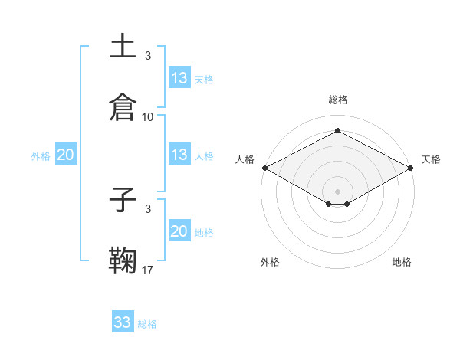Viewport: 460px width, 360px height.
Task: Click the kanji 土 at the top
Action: [123, 47]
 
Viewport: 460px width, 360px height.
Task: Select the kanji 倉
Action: [123, 106]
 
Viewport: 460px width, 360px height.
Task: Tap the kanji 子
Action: [123, 200]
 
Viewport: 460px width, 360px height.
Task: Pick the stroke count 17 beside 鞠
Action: [148, 270]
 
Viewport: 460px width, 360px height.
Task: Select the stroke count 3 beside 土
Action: [148, 56]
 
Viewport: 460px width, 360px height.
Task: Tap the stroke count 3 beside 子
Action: [148, 208]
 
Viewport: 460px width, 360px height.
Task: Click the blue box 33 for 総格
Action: [123, 322]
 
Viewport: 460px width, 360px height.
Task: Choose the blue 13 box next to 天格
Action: [179, 78]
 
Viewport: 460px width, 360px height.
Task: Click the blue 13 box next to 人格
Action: [179, 155]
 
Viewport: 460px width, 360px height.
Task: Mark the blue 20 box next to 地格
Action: [179, 231]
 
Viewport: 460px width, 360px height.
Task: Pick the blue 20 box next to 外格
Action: [66, 155]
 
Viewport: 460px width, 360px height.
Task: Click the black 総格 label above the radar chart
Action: [337, 100]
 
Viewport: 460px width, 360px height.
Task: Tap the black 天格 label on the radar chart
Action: [431, 159]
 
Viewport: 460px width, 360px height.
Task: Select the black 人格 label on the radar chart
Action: [245, 159]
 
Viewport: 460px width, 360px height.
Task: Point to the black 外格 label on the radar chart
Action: [270, 262]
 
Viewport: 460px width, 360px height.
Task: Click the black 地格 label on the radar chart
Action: [402, 262]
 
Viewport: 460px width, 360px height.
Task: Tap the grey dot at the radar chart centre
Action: [337, 191]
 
